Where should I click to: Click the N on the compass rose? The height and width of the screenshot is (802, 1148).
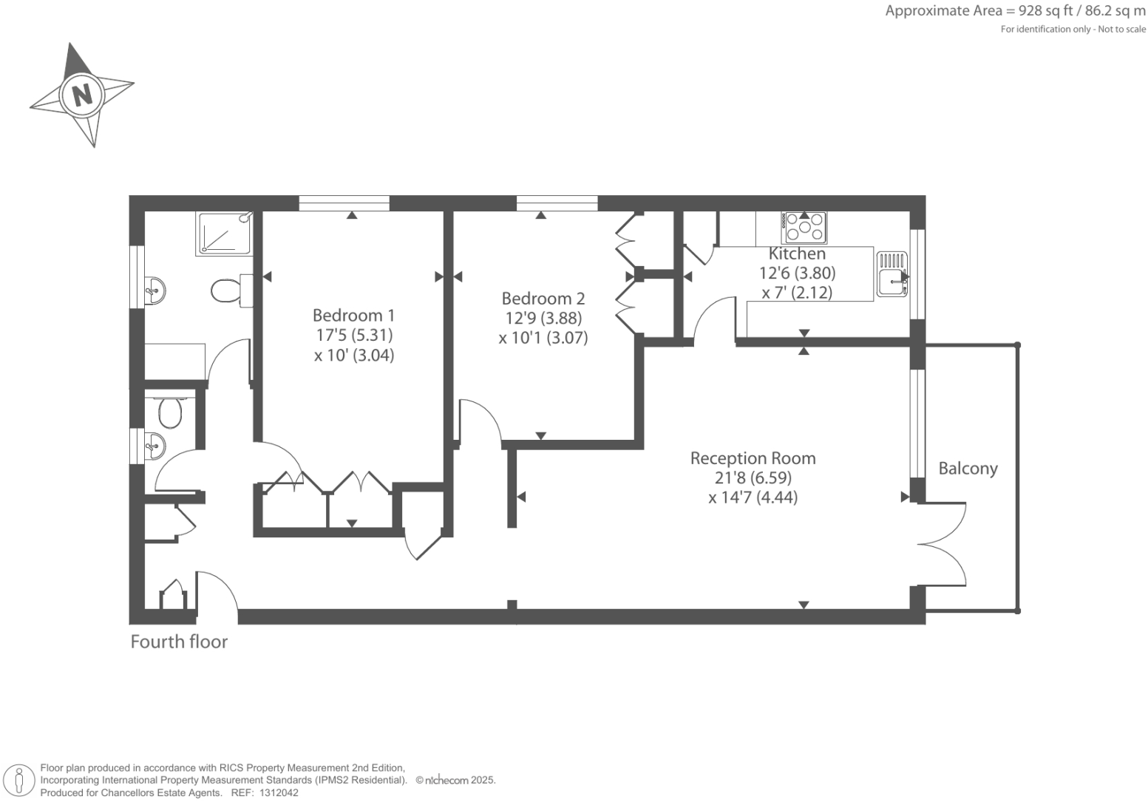point(82,95)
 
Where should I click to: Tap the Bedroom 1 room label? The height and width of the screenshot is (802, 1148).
point(353,316)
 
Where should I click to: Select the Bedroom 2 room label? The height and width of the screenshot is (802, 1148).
point(543,299)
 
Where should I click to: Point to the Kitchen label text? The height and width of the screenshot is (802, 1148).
point(797,254)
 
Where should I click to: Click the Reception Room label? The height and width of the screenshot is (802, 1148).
point(753,458)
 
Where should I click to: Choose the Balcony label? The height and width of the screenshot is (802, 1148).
point(968,469)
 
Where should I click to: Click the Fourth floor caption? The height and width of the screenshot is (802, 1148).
point(179,642)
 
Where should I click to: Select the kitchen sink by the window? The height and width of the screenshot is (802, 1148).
point(892,274)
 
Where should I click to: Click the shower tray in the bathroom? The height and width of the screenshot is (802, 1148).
point(224,234)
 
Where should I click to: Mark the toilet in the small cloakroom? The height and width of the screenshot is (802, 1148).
point(170,413)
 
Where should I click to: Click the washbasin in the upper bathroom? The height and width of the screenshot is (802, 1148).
point(154,290)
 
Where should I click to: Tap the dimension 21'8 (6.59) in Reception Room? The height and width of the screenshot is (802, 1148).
point(753,478)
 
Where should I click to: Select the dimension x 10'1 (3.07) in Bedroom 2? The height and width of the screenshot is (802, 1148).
point(543,339)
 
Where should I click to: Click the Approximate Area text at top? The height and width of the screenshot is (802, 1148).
point(1015,11)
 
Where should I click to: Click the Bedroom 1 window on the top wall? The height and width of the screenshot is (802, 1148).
point(344,203)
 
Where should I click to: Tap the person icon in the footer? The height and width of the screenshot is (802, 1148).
point(20,781)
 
